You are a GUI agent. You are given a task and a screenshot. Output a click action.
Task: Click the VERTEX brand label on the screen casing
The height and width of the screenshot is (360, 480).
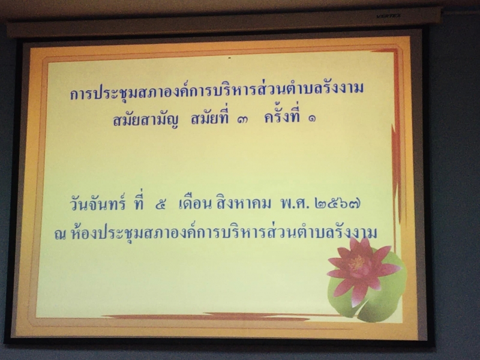tap(388, 16)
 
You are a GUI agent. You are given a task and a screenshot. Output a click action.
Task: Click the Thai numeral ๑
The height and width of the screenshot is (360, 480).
tap(312, 119)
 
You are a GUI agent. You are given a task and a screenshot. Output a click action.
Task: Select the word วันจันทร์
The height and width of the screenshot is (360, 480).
tap(98, 203)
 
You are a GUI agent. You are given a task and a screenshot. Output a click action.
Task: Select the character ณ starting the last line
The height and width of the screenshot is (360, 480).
tap(60, 235)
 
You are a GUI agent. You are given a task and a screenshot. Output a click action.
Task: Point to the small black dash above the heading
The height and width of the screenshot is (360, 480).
tap(229, 57)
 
